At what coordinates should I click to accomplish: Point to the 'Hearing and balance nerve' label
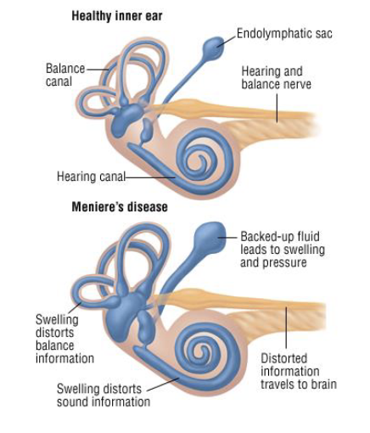pos(276,78)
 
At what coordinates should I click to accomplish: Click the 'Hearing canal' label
pos(91,177)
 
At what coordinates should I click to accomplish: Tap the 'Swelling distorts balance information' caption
pos(64,339)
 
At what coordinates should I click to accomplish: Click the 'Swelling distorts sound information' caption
pos(103,395)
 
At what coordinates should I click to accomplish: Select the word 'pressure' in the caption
pos(286,263)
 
